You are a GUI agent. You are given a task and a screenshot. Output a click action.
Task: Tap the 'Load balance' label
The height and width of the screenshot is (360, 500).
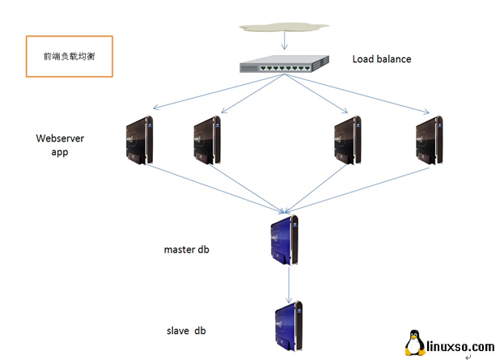[381, 59]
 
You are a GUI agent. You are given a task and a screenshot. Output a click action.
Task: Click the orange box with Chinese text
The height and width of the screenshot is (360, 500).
[68, 56]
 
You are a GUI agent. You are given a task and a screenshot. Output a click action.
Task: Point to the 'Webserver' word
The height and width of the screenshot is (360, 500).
[60, 138]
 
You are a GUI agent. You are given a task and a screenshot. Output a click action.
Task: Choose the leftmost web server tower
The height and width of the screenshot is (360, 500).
[140, 141]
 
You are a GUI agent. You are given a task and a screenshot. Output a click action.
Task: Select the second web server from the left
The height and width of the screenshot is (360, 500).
[209, 142]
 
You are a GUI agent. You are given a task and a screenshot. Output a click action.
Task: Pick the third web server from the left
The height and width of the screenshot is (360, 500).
[346, 142]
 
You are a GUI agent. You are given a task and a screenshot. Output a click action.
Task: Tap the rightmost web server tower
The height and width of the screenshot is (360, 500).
[428, 142]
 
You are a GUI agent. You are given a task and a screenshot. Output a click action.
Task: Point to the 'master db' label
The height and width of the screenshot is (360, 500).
[187, 249]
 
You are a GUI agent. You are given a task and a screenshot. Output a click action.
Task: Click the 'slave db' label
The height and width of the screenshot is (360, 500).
[185, 330]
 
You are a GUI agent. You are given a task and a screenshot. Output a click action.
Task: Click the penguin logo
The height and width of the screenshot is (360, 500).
[415, 343]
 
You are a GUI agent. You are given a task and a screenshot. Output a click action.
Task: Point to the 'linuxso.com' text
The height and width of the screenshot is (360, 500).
[460, 346]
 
